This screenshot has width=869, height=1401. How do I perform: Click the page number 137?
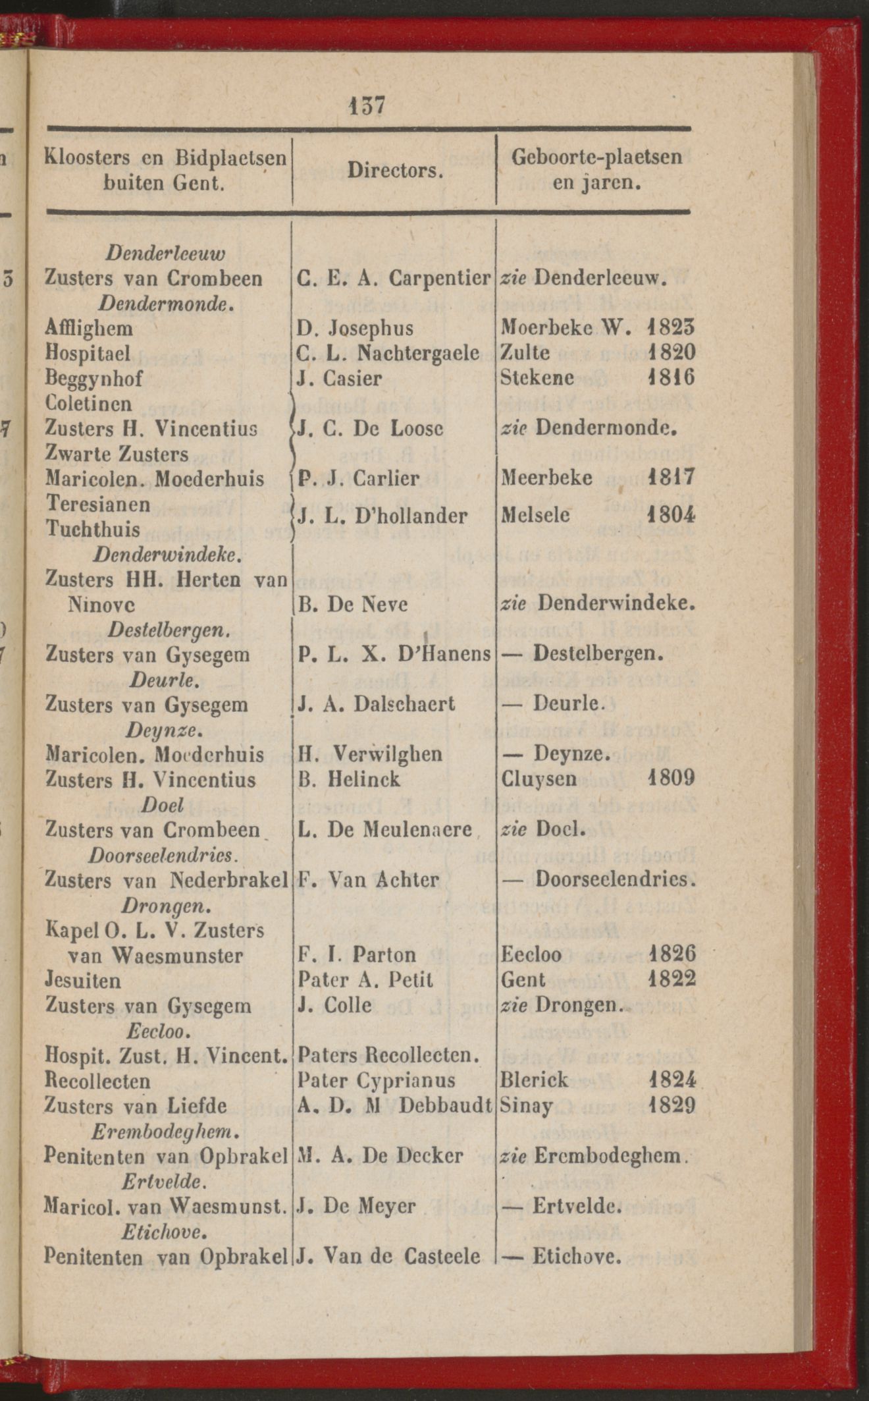[367, 105]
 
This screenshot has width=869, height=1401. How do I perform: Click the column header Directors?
[394, 171]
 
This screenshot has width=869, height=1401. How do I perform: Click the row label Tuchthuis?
[93, 529]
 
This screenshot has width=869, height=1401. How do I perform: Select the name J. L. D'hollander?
[383, 516]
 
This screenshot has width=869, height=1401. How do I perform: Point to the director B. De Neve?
[353, 604]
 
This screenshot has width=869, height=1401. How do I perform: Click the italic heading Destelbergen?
[169, 630]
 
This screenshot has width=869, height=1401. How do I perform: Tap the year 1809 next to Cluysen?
[670, 779]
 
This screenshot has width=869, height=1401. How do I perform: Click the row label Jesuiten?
[83, 981]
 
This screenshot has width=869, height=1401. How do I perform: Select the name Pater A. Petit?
[365, 980]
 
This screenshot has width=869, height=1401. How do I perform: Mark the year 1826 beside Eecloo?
[671, 955]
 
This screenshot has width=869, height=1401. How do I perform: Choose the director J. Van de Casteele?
[388, 1257]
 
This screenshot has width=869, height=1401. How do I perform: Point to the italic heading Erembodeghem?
[164, 1132]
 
